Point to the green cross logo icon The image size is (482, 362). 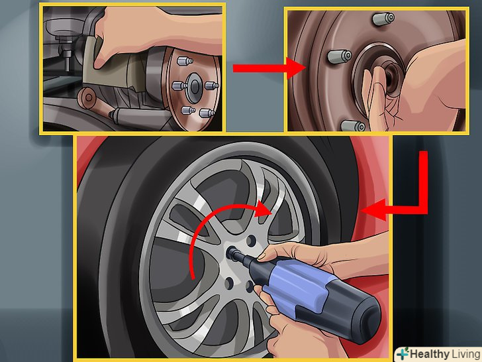pos(403,353)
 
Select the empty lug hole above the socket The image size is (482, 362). pos(251,241)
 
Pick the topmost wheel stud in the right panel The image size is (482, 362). pos(383,19)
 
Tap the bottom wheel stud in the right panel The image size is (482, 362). pos(353,125)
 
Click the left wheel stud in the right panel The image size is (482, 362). pos(340,56)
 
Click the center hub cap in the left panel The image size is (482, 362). pos(194,87)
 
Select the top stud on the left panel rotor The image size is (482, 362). pos(185,61)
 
